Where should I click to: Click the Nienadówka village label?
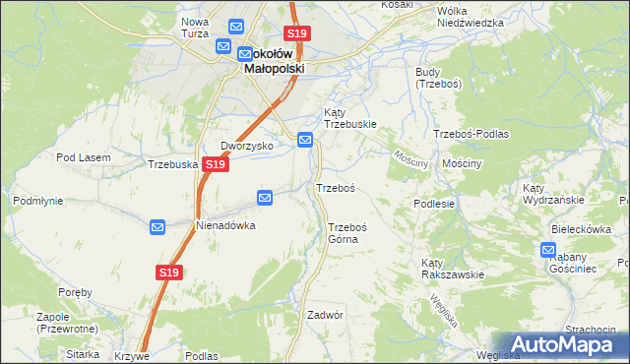[225, 225]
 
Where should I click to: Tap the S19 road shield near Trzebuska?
[217, 165]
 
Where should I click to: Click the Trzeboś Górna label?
[347, 232]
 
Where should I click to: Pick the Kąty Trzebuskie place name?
[349, 118]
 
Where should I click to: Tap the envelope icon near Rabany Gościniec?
[549, 251]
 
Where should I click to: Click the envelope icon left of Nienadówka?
[157, 228]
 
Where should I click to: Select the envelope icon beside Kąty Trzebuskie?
[306, 141]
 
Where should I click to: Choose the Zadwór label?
[324, 315]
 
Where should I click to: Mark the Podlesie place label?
[433, 204]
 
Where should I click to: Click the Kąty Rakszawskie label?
[452, 269]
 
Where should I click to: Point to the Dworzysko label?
[245, 146]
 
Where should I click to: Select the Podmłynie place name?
[38, 200]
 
